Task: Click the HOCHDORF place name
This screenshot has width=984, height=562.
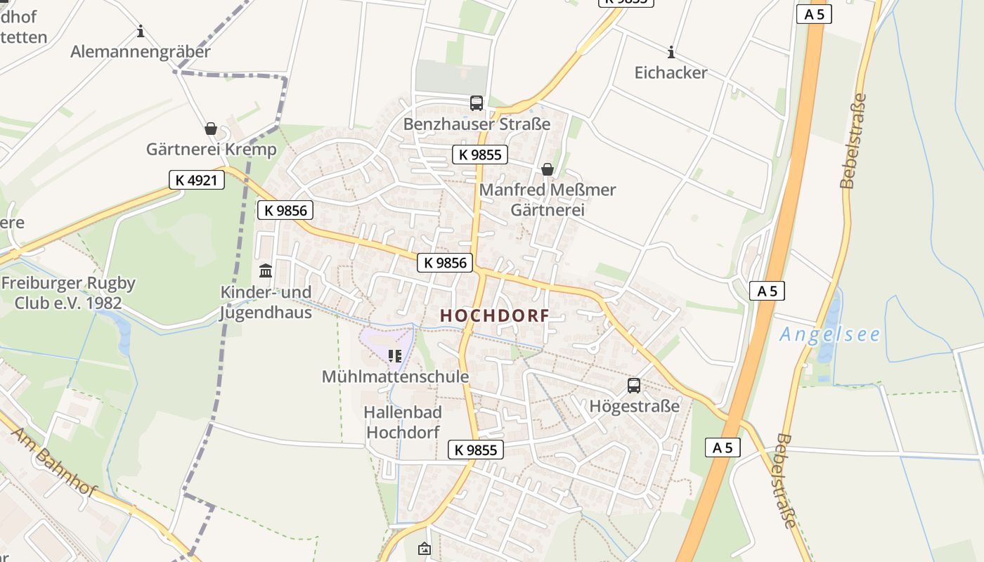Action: click(x=494, y=316)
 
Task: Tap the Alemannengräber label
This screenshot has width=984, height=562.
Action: click(x=141, y=52)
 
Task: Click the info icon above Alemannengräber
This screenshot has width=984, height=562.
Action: click(x=141, y=32)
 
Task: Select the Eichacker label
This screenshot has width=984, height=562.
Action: click(x=671, y=72)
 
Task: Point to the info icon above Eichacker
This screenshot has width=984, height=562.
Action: click(x=671, y=52)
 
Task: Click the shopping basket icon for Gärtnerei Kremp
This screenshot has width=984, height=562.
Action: click(x=210, y=129)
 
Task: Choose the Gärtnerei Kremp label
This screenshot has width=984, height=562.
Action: click(x=211, y=149)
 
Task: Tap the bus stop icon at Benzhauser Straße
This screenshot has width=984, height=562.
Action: click(x=477, y=103)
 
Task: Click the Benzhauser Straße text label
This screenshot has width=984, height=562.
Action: click(x=477, y=124)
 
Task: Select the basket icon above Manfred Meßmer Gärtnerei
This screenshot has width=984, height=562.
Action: click(x=547, y=169)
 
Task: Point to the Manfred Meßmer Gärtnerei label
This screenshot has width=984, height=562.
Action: click(x=547, y=200)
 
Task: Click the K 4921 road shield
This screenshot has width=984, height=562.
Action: click(x=197, y=180)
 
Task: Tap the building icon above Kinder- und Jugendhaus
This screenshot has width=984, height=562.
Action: click(x=266, y=270)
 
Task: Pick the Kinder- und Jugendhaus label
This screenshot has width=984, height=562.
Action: click(x=266, y=302)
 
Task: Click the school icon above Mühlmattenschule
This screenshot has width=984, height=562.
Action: click(x=394, y=356)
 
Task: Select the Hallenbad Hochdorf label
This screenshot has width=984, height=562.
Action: click(x=403, y=421)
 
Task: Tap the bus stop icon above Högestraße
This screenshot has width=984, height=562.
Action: click(x=634, y=385)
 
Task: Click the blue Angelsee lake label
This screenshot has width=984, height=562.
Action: click(x=829, y=334)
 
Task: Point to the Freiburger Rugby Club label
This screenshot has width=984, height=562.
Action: click(x=68, y=293)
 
